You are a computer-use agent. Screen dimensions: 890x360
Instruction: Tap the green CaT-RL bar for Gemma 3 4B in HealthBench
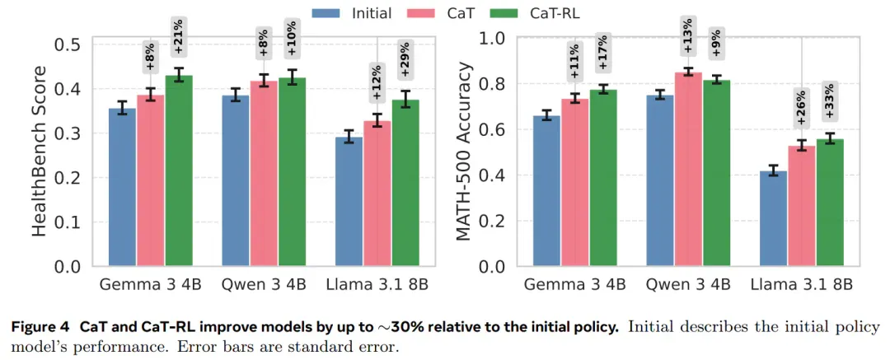point(179,171)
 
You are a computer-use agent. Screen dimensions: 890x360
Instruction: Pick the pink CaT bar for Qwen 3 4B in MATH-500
point(688,169)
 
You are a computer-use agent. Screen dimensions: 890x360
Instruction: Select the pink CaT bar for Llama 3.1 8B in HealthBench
point(377,193)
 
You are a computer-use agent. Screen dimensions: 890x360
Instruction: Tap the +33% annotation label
point(829,101)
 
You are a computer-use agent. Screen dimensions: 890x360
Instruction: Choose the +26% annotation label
point(802,109)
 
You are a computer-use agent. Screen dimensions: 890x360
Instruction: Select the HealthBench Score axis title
point(39,151)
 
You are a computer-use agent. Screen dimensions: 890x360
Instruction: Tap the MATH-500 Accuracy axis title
point(464,152)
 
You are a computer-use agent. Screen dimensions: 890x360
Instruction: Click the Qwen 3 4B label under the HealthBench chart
point(264,285)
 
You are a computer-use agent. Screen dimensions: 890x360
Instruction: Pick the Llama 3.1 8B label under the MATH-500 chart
point(802,285)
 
